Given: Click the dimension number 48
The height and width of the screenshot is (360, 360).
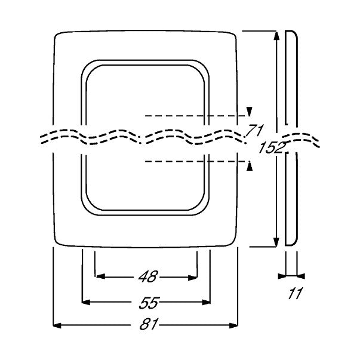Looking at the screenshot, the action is (148, 276).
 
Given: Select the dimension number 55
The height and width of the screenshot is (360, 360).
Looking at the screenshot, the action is (149, 303).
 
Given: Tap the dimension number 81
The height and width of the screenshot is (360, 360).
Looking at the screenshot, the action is (149, 325).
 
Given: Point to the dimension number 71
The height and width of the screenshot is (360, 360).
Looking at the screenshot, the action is (255, 130).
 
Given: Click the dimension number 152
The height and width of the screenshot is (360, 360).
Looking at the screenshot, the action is (272, 147).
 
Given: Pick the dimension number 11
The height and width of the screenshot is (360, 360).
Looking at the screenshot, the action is (295, 293).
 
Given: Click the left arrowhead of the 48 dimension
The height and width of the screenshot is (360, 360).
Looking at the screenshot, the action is (100, 276).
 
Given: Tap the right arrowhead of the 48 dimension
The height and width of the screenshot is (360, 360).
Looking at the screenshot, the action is (192, 278).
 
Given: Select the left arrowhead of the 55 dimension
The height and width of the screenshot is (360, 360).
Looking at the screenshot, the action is (86, 302).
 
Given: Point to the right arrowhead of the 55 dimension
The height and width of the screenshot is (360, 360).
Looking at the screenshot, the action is (206, 302).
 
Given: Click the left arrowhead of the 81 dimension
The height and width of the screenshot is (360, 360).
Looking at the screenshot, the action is (57, 325).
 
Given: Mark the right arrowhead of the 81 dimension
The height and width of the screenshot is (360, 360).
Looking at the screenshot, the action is (233, 325).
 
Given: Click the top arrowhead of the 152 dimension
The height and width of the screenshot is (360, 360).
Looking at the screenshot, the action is (276, 36).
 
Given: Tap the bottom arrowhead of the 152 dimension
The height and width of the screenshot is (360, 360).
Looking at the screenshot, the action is (276, 242).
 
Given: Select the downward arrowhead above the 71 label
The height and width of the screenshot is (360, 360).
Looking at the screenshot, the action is (250, 112).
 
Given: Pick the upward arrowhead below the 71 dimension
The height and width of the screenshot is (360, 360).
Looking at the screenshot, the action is (250, 166).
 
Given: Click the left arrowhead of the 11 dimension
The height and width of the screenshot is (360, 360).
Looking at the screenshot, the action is (282, 276).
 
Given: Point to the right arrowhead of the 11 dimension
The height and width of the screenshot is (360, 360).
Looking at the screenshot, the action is (301, 276).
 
